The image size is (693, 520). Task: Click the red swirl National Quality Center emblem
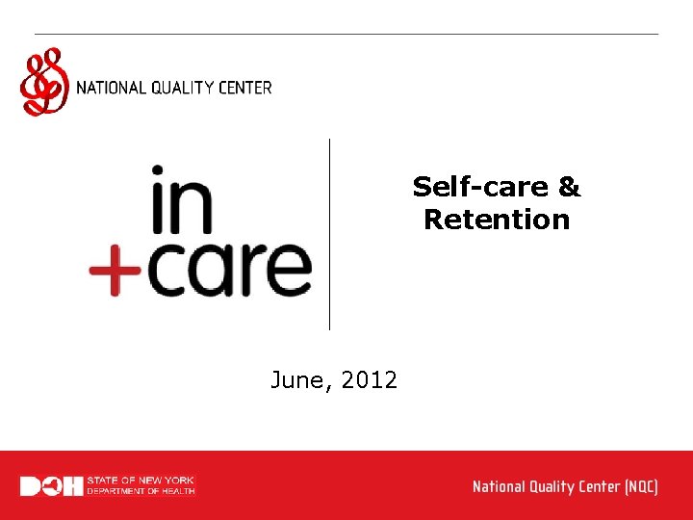[x=44, y=83]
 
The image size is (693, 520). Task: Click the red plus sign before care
[x=114, y=271]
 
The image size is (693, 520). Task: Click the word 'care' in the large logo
[x=230, y=270]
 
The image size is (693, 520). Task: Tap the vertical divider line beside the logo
[x=330, y=234]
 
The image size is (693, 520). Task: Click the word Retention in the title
[x=497, y=220]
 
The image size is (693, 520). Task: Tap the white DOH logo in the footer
[x=51, y=486]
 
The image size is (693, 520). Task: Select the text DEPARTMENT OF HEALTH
[x=141, y=491]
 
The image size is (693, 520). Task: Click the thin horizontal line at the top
[x=346, y=35]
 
